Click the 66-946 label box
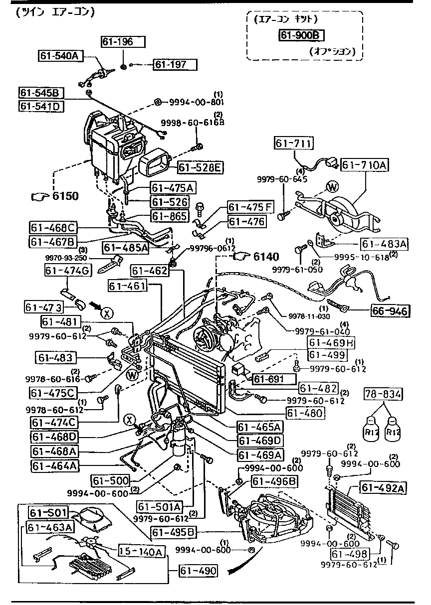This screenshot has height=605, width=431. click(390, 311)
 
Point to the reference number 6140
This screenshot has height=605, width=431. click(266, 257)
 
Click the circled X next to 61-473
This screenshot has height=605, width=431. click(106, 313)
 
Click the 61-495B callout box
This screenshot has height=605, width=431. click(174, 532)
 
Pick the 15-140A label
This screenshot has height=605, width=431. click(141, 551)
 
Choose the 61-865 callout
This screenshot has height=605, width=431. click(170, 216)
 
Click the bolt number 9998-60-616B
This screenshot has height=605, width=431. click(193, 123)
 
